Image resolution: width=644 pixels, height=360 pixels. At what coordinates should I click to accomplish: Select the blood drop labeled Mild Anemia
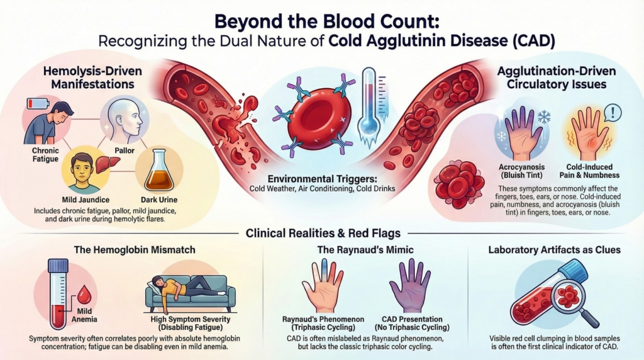click(83, 291)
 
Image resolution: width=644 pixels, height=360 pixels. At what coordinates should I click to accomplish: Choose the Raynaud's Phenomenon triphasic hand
click(324, 287)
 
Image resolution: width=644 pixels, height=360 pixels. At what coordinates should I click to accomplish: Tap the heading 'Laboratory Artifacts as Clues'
click(554, 250)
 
